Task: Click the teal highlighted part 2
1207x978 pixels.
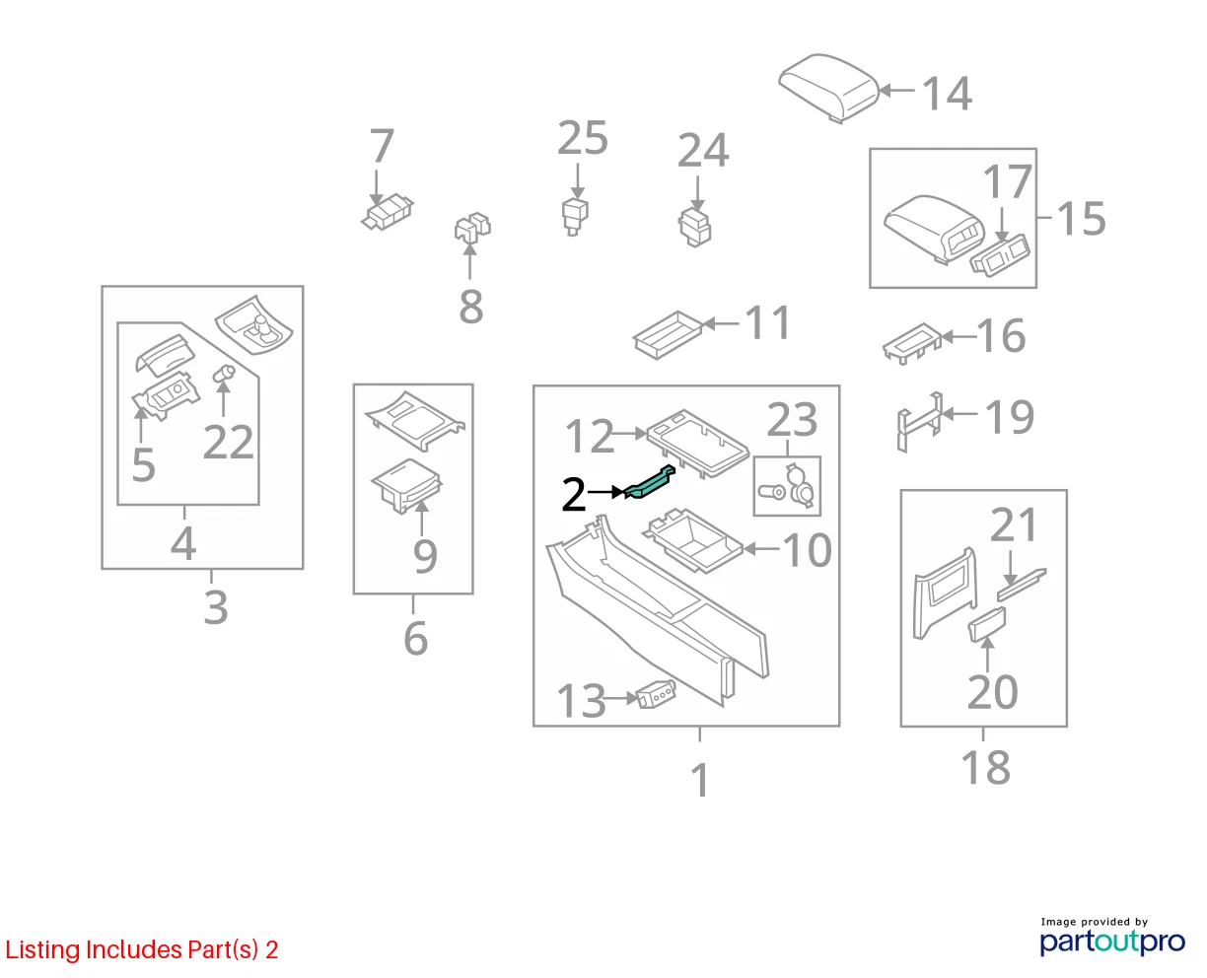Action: click(648, 483)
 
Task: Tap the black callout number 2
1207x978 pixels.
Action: click(573, 495)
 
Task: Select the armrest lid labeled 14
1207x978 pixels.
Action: click(828, 88)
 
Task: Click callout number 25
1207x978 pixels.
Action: click(582, 138)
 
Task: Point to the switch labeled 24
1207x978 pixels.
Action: click(695, 227)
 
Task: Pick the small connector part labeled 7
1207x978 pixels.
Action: click(388, 213)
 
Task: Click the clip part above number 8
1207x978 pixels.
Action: click(472, 227)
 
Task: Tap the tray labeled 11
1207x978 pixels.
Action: click(668, 334)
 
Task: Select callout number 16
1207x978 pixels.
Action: click(1001, 335)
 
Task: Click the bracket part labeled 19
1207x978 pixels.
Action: click(919, 422)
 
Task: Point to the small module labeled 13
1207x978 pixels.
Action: click(656, 695)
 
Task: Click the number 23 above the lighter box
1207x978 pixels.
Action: click(792, 420)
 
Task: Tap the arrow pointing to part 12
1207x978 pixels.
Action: click(629, 434)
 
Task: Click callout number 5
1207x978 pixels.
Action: click(143, 464)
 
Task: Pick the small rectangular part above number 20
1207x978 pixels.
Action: click(986, 624)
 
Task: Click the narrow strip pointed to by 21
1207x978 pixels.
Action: click(1022, 585)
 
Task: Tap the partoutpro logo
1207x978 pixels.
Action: click(1111, 943)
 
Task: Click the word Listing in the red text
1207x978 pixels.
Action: click(42, 950)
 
